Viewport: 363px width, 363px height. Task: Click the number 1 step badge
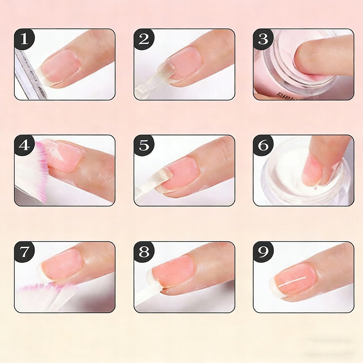pos(24,39)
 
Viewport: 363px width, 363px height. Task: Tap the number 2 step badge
pos(144,39)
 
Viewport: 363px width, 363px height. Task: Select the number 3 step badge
pos(263,39)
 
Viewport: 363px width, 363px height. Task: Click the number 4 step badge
pos(24,145)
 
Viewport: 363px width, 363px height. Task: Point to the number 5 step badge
pos(144,145)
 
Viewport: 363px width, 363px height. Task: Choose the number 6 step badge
pos(263,145)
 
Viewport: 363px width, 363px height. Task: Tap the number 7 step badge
pos(24,252)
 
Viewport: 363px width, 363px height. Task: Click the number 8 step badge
pos(144,252)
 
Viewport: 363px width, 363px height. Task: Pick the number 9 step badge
pos(263,252)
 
